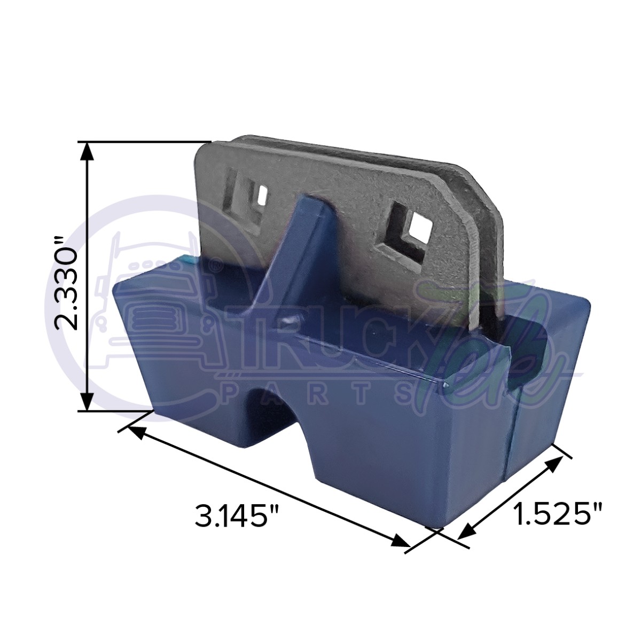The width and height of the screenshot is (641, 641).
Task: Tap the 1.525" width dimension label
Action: pyautogui.click(x=557, y=515)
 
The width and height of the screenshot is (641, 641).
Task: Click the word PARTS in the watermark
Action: pyautogui.click(x=320, y=393)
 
